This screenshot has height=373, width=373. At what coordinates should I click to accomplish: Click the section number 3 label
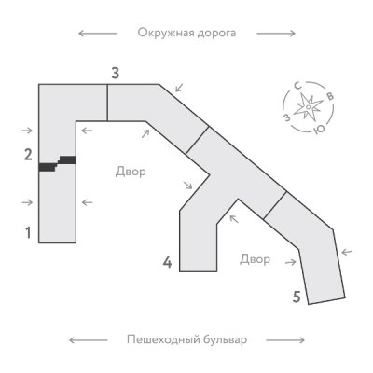pos(115,74)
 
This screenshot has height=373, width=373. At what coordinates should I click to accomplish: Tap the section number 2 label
pos(28,155)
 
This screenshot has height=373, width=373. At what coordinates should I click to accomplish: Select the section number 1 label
pos(28,232)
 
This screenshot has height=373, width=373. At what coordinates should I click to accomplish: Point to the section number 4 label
pos(167,263)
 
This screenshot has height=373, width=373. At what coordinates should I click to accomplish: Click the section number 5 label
pos(297,297)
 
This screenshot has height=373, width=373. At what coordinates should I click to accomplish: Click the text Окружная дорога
pos(186,33)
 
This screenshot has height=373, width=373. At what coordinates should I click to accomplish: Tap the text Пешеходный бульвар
pos(186,339)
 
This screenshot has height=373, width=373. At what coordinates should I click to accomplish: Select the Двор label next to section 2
pos(131,172)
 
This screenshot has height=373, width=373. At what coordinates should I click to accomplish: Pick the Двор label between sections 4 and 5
pos(255,259)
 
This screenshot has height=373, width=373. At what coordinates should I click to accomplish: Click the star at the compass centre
pos(308,107)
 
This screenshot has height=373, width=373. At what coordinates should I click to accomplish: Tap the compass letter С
pos(298,87)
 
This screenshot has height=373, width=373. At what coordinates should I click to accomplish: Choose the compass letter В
pos(330,96)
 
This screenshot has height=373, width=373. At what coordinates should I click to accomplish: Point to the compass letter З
pos(288,117)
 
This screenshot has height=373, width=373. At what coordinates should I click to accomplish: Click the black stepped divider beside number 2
pos(57,163)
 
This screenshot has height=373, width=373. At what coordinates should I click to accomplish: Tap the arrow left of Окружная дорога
pos(98,34)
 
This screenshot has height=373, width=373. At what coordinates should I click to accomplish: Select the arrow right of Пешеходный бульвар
pos(285,340)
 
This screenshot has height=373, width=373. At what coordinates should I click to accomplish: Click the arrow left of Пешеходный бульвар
pos(89,340)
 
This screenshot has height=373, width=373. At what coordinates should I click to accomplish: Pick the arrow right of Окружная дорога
pos(276,34)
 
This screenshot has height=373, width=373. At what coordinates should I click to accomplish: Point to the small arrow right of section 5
pos(348,252)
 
